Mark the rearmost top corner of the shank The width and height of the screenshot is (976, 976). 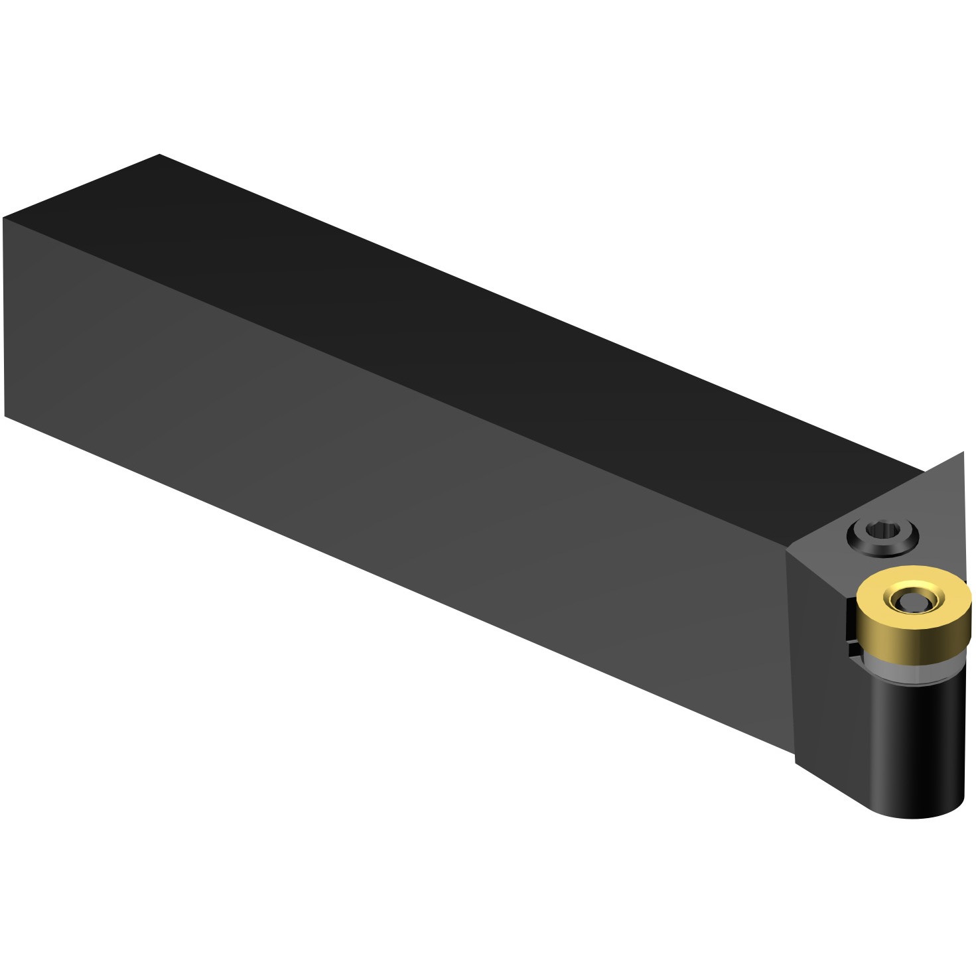pyautogui.click(x=159, y=155)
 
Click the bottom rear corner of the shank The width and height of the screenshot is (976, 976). pyautogui.click(x=5, y=416)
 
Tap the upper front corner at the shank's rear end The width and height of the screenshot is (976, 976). pyautogui.click(x=4, y=218)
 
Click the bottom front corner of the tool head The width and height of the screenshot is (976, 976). pyautogui.click(x=796, y=763)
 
